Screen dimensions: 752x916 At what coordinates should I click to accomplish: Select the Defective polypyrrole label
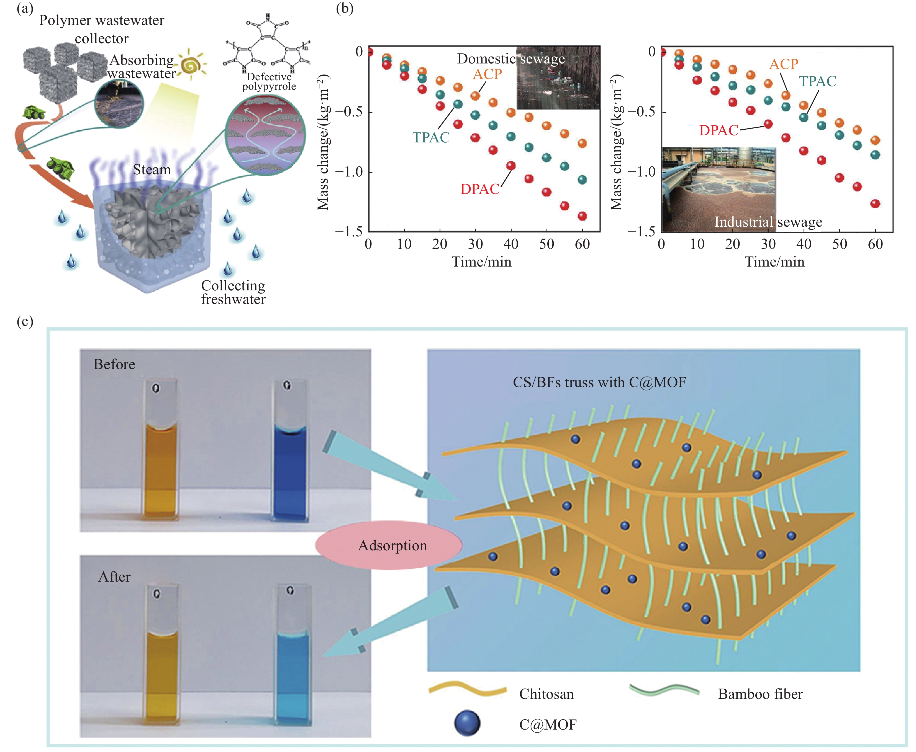(x=269, y=81)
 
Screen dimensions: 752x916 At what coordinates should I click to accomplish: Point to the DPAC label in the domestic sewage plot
(x=479, y=189)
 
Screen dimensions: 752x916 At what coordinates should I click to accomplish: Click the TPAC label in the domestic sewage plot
(x=431, y=137)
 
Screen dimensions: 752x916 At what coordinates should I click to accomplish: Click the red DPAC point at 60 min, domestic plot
(x=582, y=216)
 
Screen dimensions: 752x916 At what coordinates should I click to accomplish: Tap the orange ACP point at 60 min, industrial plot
(x=875, y=140)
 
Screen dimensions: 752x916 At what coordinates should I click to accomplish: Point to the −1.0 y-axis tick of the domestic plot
(x=349, y=172)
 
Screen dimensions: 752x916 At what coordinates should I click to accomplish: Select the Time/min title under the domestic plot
(x=482, y=262)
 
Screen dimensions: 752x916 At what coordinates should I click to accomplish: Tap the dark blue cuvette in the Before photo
(x=290, y=472)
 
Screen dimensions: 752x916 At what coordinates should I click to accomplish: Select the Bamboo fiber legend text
(x=760, y=694)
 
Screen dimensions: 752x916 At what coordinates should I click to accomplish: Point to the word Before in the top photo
(x=114, y=364)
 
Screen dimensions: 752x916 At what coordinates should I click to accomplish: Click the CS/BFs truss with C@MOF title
(x=599, y=382)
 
